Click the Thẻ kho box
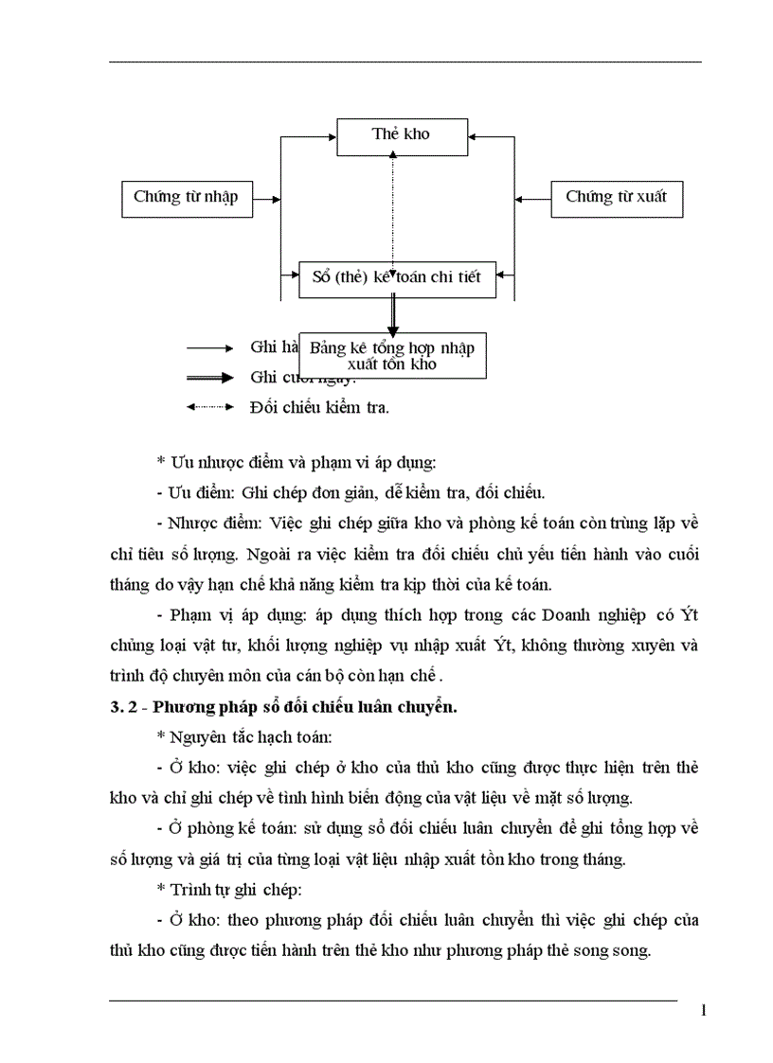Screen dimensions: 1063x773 pos(401,134)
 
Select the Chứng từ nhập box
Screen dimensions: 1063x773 pos(186,198)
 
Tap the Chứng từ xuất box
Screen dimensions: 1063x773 pos(616,197)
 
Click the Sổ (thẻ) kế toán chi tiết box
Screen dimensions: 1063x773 pos(396,278)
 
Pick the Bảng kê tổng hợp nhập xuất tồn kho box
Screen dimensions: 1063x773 pos(392,355)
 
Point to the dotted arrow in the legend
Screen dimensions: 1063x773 pos(209,407)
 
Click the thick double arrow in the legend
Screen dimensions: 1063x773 pos(209,378)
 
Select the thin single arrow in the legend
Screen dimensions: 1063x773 pos(209,347)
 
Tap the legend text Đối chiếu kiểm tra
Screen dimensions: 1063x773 pos(319,408)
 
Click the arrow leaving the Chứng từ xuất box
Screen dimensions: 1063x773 pos(533,199)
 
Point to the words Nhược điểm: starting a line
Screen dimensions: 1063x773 pos(215,522)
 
